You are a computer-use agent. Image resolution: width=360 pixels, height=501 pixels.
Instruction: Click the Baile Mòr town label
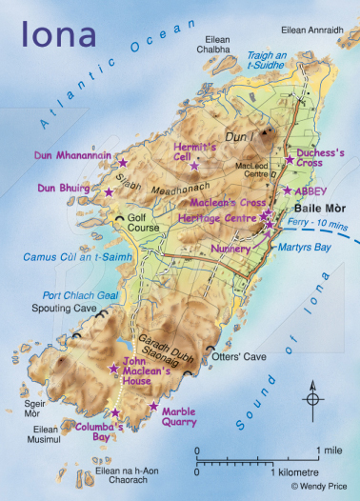(321, 208)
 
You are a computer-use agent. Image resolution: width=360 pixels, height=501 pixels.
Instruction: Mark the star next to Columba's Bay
(115, 412)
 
